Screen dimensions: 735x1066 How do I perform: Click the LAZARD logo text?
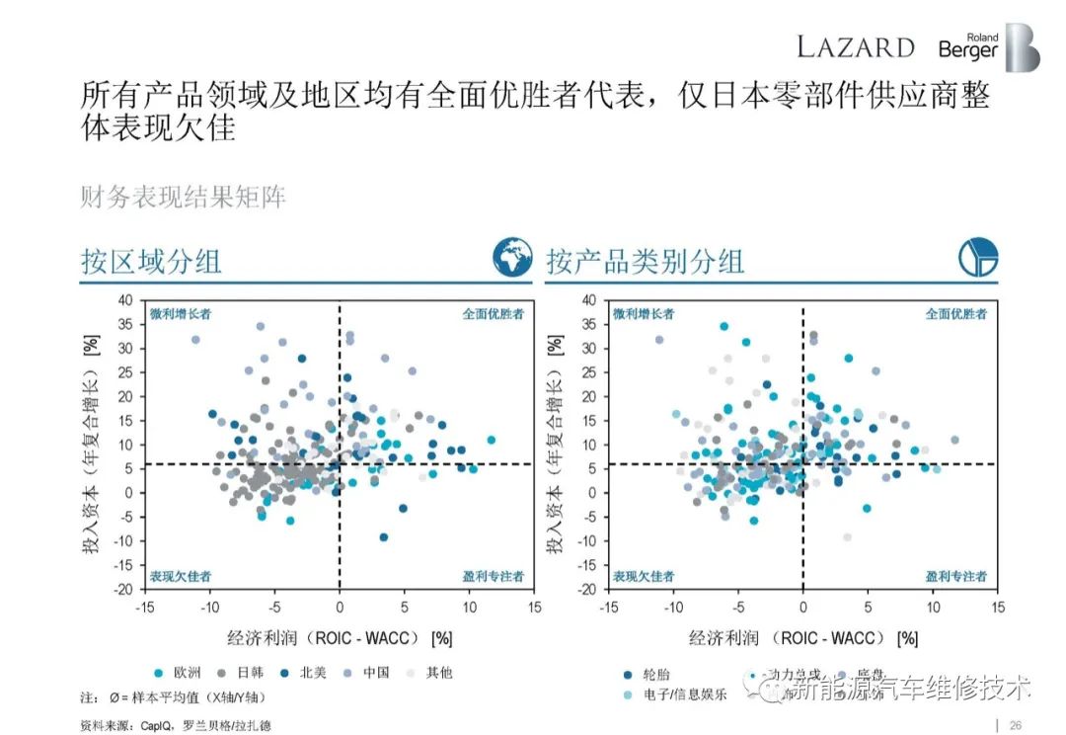point(856,46)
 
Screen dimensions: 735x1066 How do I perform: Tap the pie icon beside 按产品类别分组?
point(978,258)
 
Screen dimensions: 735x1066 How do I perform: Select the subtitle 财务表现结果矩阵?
point(183,197)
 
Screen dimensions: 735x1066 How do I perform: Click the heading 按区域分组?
point(151,261)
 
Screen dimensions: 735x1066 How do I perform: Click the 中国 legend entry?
point(372,673)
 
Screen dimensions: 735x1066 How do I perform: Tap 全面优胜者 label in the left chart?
point(493,314)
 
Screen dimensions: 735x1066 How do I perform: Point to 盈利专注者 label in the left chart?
point(493,575)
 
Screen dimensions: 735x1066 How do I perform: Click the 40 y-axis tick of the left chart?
point(124,300)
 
